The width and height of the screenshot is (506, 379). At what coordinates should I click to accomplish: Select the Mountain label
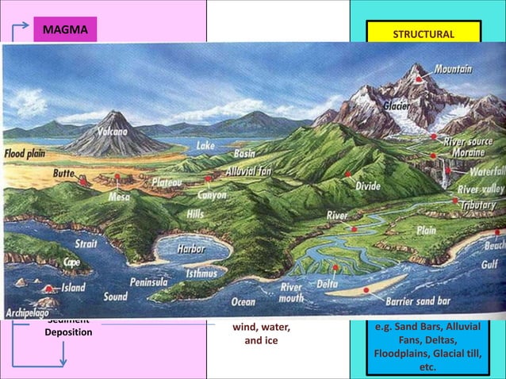tap(453, 70)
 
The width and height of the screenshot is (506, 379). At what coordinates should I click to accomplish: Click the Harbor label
tap(190, 249)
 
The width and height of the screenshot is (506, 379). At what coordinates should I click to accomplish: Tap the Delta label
tap(328, 282)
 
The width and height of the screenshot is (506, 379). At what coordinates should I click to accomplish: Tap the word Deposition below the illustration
tap(68, 331)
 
